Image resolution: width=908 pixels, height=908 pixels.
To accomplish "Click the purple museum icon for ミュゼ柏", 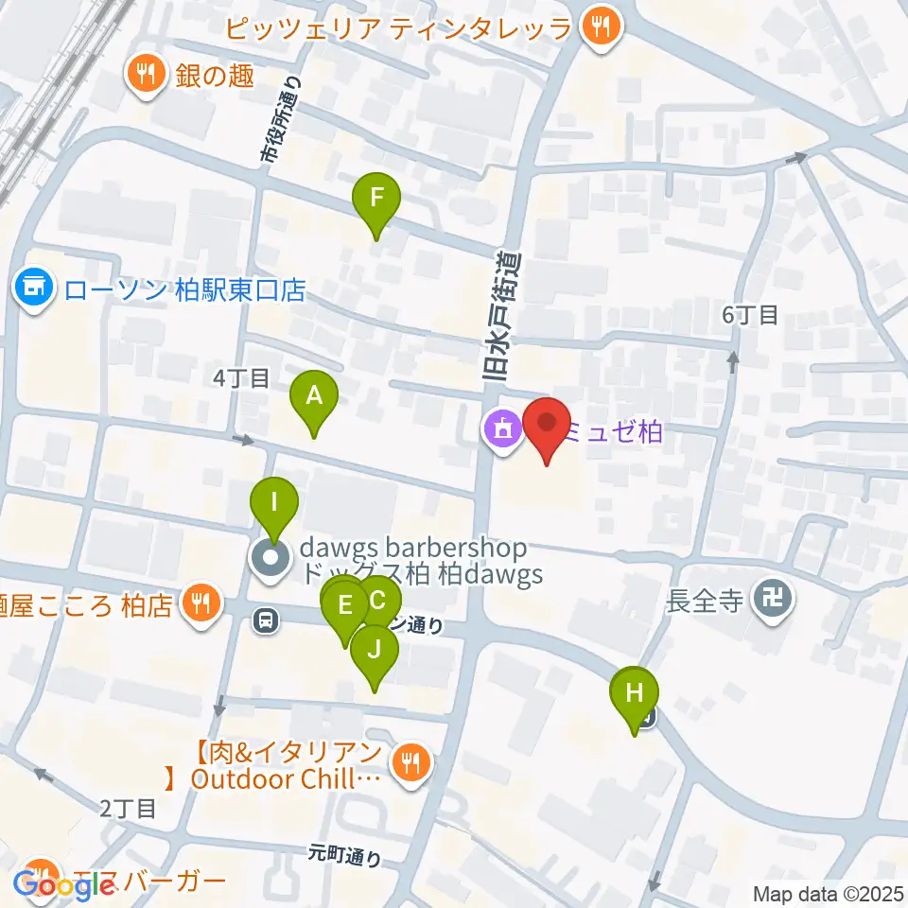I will coord(501,431).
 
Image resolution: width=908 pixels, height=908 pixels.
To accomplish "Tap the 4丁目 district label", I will coord(241,378).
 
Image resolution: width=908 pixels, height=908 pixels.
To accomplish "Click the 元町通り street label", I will coord(346,855).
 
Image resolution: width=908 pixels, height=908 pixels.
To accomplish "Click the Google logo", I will coord(62,885).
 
